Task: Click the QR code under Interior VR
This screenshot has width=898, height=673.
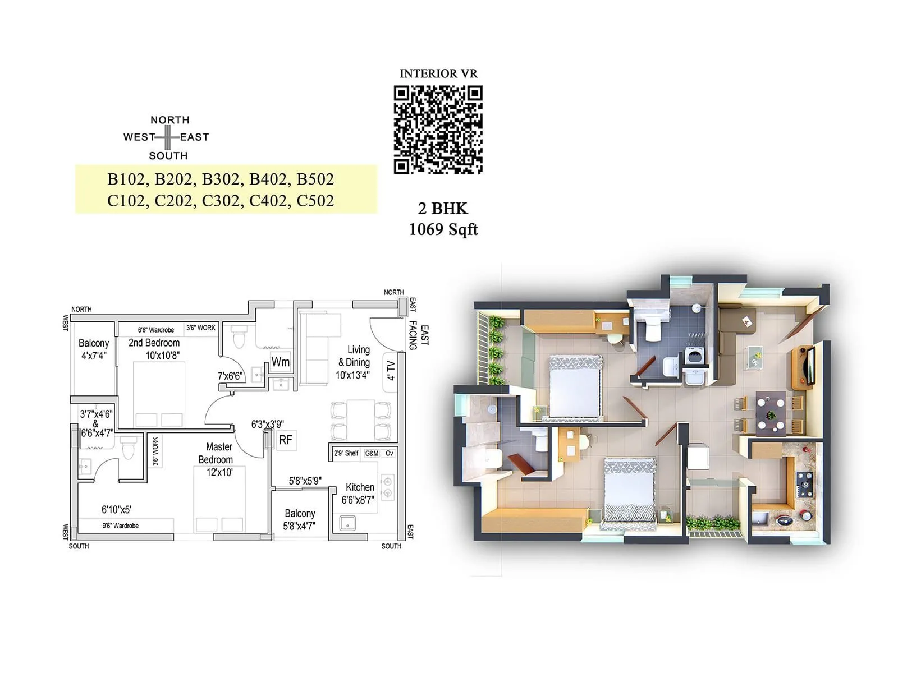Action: [x=438, y=130]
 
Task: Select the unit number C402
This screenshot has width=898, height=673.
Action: [x=268, y=201]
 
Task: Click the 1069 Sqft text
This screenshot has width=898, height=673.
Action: [x=443, y=229]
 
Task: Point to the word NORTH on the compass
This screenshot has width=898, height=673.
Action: [x=169, y=120]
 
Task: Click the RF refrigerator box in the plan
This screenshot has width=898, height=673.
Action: [x=286, y=440]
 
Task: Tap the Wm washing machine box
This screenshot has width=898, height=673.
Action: [x=280, y=362]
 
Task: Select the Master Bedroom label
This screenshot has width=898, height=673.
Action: [x=217, y=453]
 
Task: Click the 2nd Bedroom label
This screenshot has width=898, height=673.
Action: [x=154, y=343]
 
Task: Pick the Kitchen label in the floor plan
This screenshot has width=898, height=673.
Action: [x=360, y=487]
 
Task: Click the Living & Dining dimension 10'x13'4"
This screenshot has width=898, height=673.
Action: [x=352, y=375]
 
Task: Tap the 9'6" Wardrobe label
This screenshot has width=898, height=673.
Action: [x=121, y=526]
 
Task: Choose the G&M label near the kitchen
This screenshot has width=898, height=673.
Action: [x=372, y=453]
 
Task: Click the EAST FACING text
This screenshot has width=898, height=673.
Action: [x=419, y=336]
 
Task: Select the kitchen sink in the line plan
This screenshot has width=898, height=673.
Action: [x=347, y=522]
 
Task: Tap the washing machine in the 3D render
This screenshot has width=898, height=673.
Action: [x=695, y=358]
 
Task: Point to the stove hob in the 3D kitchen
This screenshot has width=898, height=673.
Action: [x=803, y=482]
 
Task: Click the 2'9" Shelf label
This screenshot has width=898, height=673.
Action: [x=346, y=453]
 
